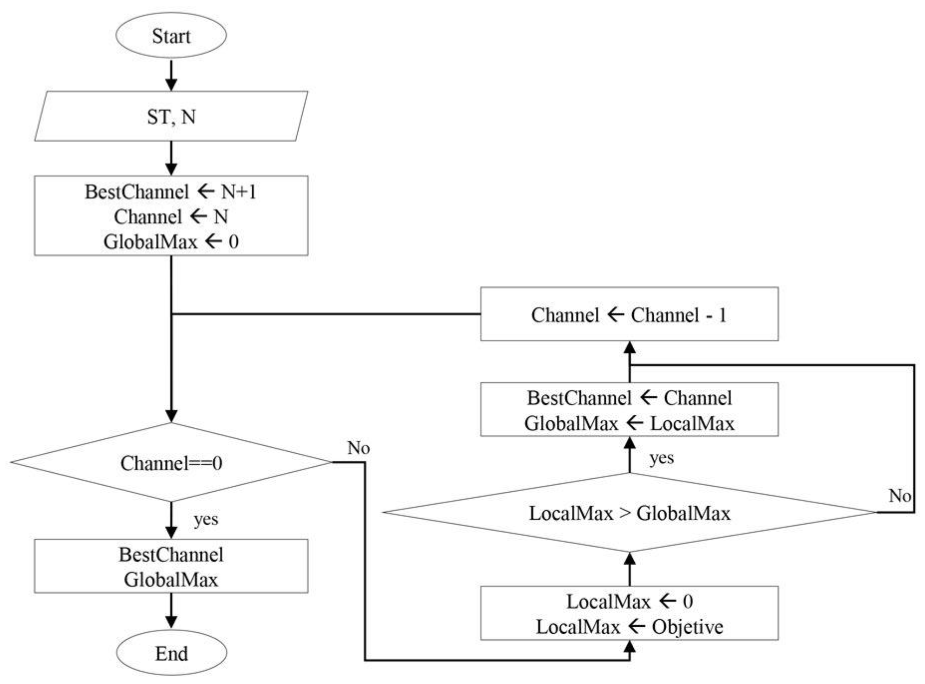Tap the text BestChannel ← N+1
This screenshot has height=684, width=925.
[170, 192]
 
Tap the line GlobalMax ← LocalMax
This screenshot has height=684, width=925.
[629, 423]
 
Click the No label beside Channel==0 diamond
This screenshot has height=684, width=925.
[358, 448]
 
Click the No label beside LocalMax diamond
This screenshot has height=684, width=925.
[900, 496]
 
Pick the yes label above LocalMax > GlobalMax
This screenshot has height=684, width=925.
[661, 458]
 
